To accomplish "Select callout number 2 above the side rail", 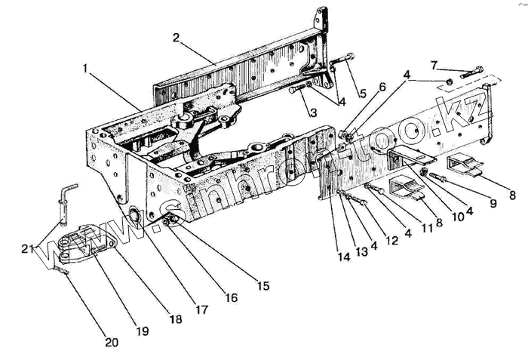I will [x=176, y=37].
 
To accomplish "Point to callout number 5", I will [x=363, y=94].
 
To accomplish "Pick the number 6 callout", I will [x=382, y=88].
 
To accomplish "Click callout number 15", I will [x=263, y=285].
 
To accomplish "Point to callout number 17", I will [x=201, y=308].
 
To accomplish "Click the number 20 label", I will [x=112, y=343].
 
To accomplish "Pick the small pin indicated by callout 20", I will [x=62, y=266].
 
